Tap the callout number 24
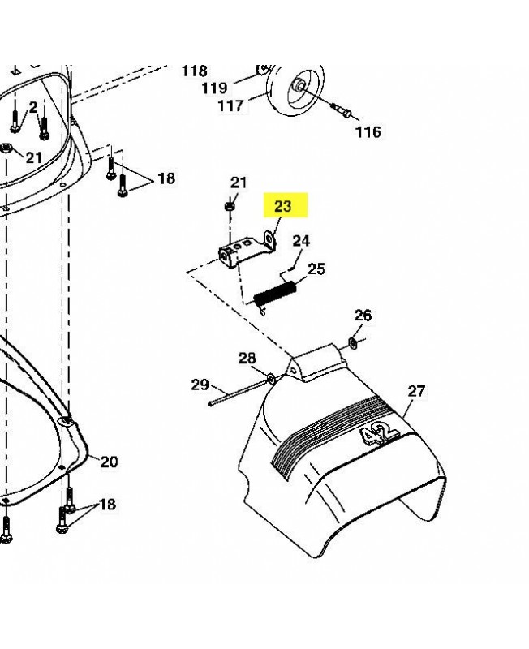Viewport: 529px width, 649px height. point(301,241)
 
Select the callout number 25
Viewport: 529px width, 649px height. point(316,269)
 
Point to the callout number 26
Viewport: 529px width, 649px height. point(363,315)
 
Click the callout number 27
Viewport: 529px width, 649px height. point(416,391)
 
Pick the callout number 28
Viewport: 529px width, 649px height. point(247,358)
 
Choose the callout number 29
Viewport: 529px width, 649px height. point(200,385)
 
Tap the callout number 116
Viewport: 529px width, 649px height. point(368,132)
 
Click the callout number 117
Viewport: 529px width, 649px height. point(230,105)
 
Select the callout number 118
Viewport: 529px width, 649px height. point(194,71)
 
